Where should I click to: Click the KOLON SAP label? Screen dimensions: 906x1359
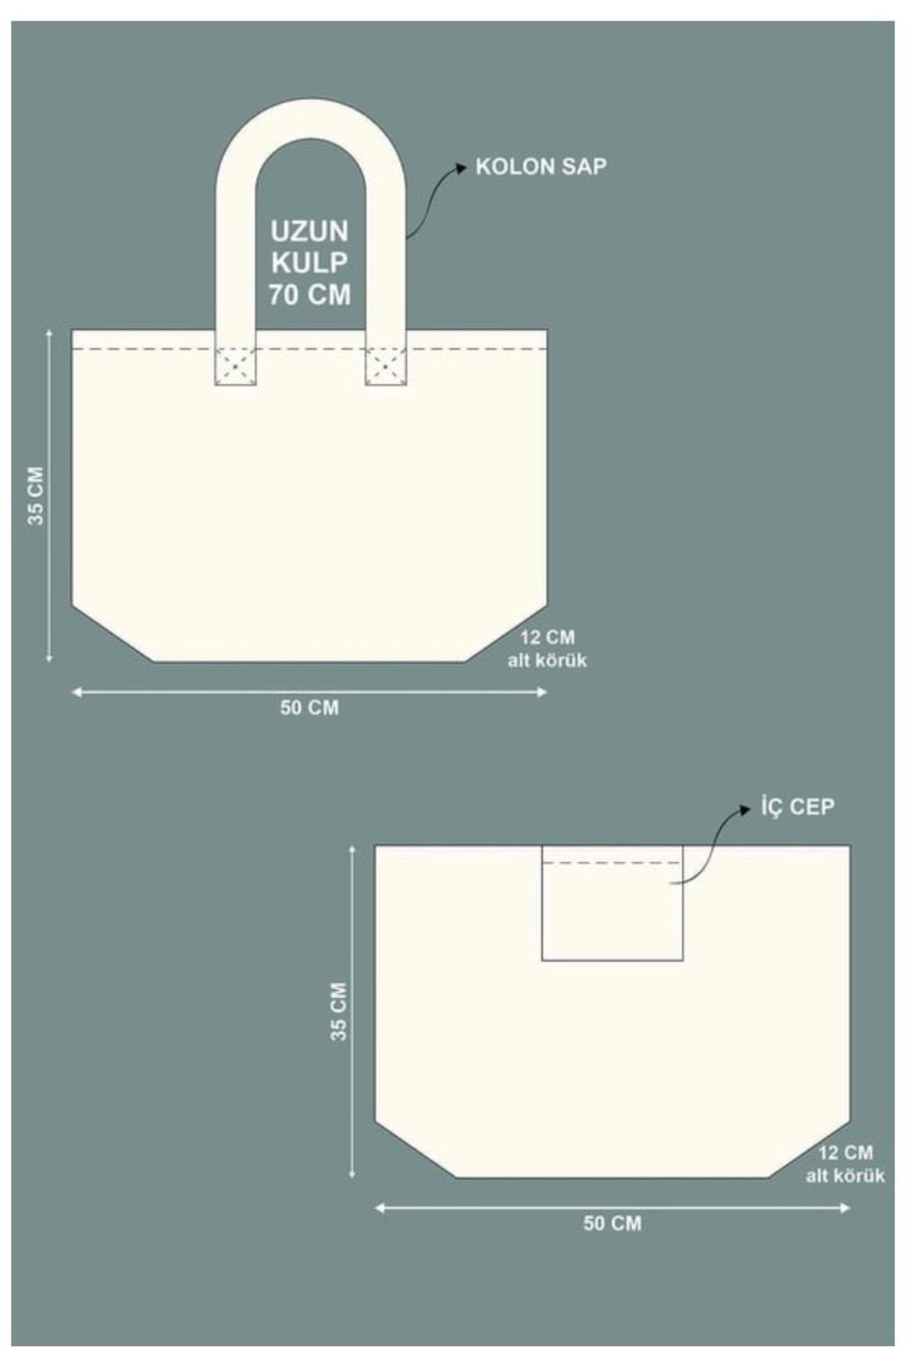(x=541, y=167)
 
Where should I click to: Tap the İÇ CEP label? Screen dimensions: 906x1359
(x=797, y=807)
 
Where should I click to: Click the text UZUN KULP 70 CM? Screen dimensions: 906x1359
(x=310, y=263)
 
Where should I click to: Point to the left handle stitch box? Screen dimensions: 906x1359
(x=236, y=366)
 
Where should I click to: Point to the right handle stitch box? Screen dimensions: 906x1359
(x=386, y=366)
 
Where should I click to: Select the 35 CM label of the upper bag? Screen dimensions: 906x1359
(x=35, y=495)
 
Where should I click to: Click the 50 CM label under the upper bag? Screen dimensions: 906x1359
(x=310, y=708)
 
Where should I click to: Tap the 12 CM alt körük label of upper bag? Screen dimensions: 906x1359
(x=547, y=649)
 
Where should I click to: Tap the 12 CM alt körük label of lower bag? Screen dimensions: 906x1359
(x=845, y=1164)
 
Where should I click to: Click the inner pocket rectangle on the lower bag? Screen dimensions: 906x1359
(x=612, y=903)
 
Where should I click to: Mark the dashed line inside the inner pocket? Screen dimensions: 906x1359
(x=612, y=862)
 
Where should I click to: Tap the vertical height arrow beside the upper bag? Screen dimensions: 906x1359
(x=50, y=495)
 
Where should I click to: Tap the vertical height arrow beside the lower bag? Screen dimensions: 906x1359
(x=352, y=1011)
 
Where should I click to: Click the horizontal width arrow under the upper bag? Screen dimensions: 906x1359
(x=310, y=692)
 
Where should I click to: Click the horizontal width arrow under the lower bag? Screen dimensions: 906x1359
(x=612, y=1208)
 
